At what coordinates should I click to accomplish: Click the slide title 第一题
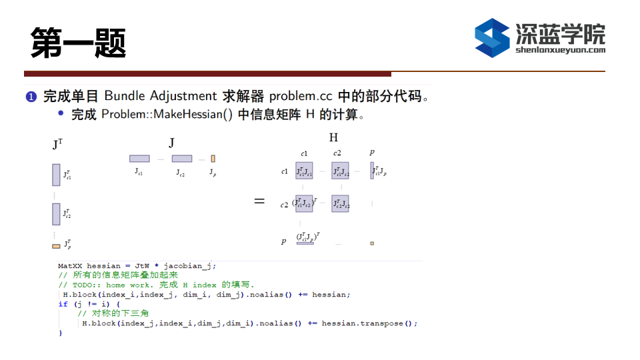point(79,43)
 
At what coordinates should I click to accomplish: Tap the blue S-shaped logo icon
point(492,38)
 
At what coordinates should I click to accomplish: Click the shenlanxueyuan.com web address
point(561,50)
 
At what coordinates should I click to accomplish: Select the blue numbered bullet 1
point(31,97)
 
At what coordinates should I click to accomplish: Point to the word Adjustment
point(183,96)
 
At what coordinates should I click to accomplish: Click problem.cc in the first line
point(301,96)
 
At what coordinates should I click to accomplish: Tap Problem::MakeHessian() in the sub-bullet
point(167,114)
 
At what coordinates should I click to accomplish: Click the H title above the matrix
point(333,137)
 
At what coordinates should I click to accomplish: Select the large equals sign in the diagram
point(259,201)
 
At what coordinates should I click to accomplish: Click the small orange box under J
point(213,159)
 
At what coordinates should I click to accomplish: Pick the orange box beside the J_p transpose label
point(56,246)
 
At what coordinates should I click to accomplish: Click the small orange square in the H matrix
point(372,243)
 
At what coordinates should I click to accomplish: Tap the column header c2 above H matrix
point(337,153)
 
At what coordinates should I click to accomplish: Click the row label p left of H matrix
point(284,241)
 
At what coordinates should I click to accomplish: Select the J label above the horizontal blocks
point(171,143)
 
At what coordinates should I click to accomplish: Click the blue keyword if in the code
point(63,304)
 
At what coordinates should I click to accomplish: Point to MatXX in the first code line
point(70,266)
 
